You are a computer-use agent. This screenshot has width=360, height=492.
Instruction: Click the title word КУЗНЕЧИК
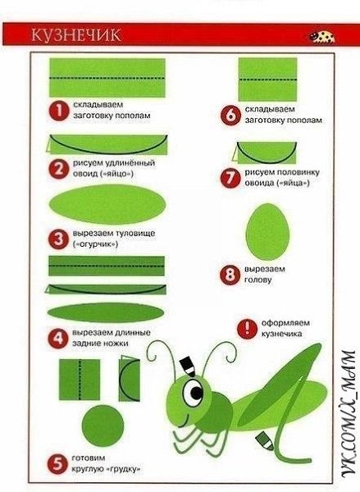pos(76,34)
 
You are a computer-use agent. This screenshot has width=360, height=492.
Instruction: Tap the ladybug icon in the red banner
pos(321,37)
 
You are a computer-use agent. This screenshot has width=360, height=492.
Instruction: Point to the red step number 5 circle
pos(57,464)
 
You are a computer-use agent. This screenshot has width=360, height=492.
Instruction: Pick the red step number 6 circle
pos(230,115)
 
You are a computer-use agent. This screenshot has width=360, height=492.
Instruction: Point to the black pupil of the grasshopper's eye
pos(197,392)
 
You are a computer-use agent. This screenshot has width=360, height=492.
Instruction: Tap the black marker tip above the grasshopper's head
pos(188,366)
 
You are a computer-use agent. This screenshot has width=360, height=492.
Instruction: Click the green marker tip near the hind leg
pos(265,440)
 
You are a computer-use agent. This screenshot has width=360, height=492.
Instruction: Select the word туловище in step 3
pos(135,234)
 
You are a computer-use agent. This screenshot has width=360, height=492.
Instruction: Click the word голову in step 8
pos(257,280)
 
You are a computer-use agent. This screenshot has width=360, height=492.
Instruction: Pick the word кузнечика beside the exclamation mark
pos(282,334)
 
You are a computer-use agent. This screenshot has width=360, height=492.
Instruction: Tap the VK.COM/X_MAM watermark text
pos(349,418)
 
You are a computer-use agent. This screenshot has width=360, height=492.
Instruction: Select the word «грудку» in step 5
pos(123,470)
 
